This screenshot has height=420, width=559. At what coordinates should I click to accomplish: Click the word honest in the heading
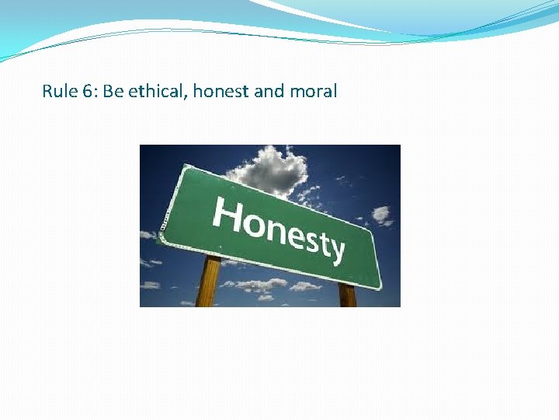[x=220, y=92]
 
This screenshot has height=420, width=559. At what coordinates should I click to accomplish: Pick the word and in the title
[x=269, y=92]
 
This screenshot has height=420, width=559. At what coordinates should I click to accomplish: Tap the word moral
[x=314, y=92]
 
